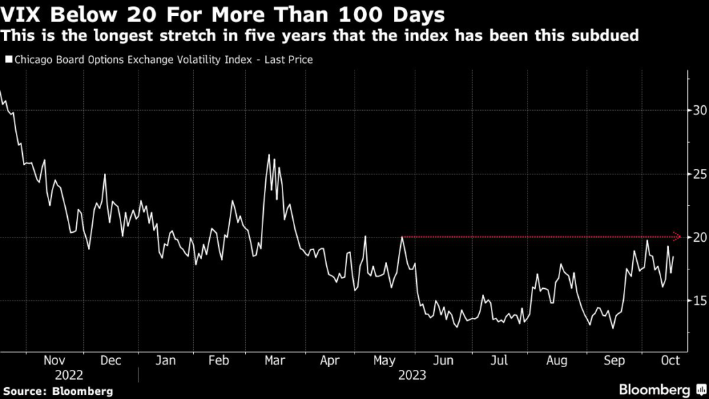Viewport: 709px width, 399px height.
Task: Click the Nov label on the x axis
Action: tap(54, 360)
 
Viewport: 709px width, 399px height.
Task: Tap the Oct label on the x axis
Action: tap(671, 360)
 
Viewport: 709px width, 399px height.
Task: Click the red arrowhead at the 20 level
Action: tap(679, 237)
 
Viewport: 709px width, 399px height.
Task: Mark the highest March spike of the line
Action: tap(269, 155)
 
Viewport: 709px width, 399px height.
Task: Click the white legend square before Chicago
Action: tap(8, 60)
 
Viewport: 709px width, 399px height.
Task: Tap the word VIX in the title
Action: tap(23, 14)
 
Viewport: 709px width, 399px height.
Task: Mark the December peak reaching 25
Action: tap(105, 175)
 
